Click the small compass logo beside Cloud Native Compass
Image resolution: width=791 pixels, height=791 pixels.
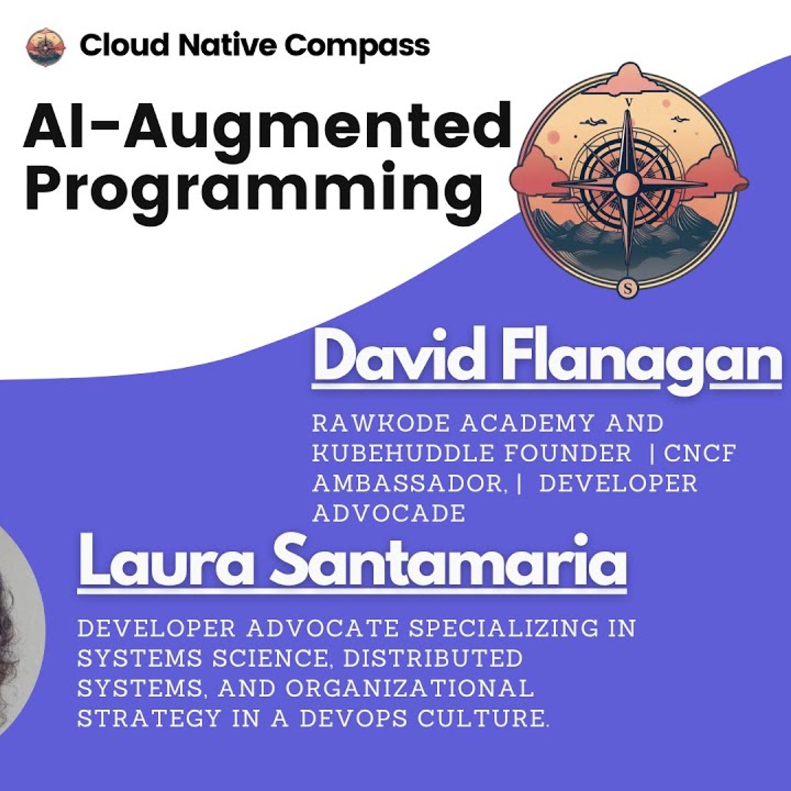pyautogui.click(x=45, y=47)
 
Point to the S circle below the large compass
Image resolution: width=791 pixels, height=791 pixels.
pyautogui.click(x=628, y=289)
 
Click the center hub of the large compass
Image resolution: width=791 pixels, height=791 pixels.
pyautogui.click(x=627, y=184)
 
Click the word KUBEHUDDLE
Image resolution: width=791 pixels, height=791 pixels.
pyautogui.click(x=395, y=453)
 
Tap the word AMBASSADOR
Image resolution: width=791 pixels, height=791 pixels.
pyautogui.click(x=407, y=484)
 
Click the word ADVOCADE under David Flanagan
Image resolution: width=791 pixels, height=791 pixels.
pyautogui.click(x=389, y=514)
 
